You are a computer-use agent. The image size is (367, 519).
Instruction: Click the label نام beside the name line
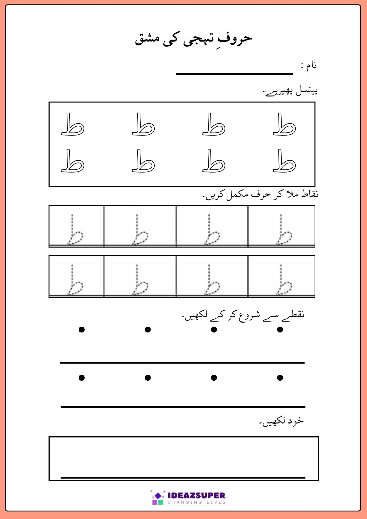point(311,65)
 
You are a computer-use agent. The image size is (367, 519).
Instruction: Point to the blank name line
point(234,74)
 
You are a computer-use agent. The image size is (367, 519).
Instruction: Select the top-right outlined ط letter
point(284,125)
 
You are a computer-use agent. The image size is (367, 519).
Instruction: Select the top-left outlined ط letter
point(73,125)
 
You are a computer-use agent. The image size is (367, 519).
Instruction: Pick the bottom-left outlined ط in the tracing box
point(73,161)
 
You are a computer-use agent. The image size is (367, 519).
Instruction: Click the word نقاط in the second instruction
point(310,194)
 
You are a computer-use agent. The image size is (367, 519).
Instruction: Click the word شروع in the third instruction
point(249,316)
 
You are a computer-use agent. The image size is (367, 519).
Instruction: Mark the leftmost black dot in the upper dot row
point(81,330)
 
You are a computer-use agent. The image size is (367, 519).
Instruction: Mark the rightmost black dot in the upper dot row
point(280,330)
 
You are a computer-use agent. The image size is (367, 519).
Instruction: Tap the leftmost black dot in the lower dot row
point(81,378)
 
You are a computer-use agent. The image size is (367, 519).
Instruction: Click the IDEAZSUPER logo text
point(196,495)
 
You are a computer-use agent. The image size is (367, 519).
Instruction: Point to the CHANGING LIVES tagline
point(196,502)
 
